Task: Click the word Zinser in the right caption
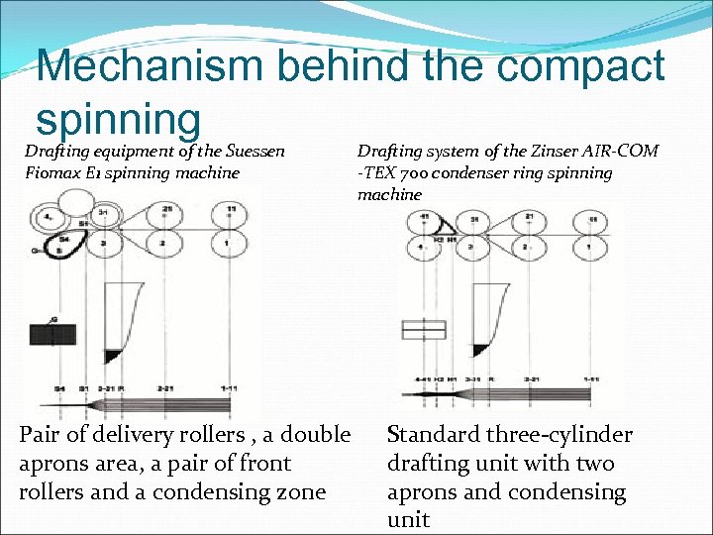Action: coord(533,151)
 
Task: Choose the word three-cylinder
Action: coord(570,434)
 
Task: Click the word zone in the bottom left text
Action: coord(298,491)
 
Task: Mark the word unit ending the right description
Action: coord(408,520)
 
